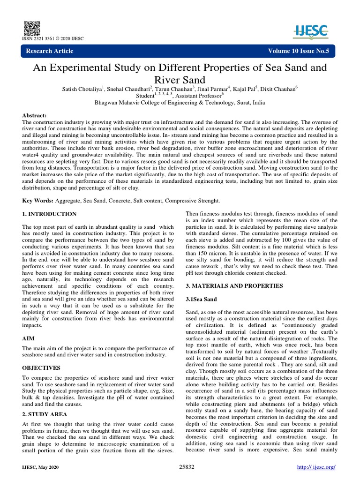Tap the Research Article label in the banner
tap(50, 51)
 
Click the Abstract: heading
tap(35, 115)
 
